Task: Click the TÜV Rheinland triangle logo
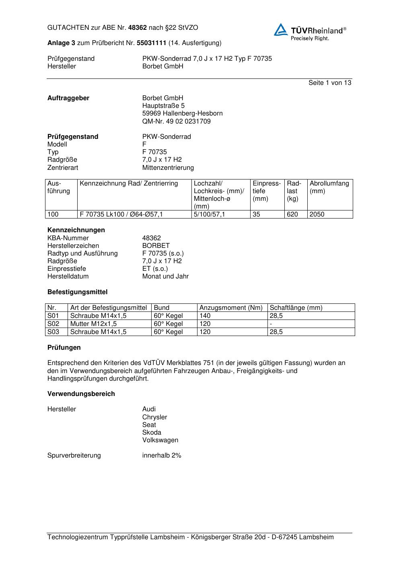(281, 30)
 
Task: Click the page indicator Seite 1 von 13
(329, 82)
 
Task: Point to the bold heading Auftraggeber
(68, 98)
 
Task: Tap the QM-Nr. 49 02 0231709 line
(176, 121)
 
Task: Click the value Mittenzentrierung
(168, 167)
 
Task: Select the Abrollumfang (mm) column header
(329, 187)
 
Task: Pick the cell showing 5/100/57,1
(209, 214)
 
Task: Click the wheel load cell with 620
(292, 214)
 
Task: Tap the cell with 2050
(317, 214)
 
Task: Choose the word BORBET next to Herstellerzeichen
(156, 245)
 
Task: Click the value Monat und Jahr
(165, 276)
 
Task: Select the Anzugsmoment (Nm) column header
(231, 307)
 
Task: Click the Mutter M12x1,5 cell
(93, 324)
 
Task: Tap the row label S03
(53, 332)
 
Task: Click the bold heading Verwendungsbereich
(81, 394)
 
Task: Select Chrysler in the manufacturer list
(154, 417)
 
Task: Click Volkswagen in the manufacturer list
(160, 440)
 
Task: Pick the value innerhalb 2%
(162, 455)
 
